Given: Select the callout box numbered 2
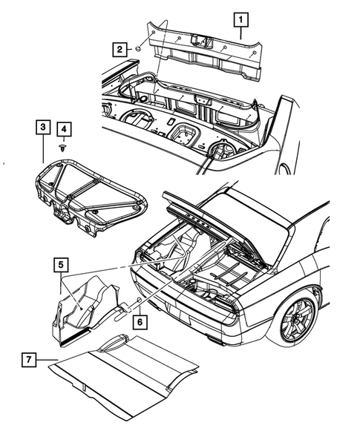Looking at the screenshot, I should tap(119, 49).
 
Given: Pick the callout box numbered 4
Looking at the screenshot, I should tap(65, 131).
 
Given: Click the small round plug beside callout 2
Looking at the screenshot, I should tap(137, 49).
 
